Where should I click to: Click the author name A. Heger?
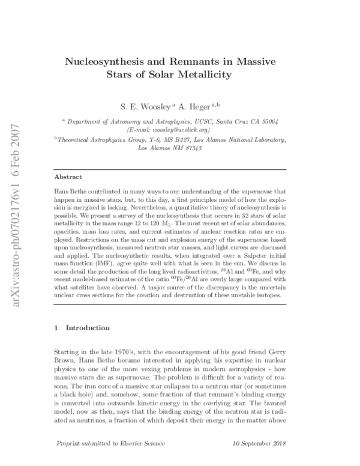tap(197, 106)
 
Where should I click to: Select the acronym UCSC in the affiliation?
tap(200, 121)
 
